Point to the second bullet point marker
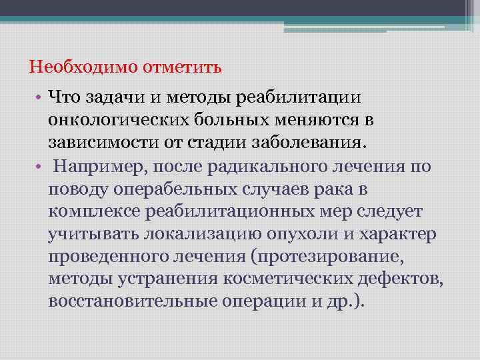click(39, 167)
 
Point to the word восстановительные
click(126, 301)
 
